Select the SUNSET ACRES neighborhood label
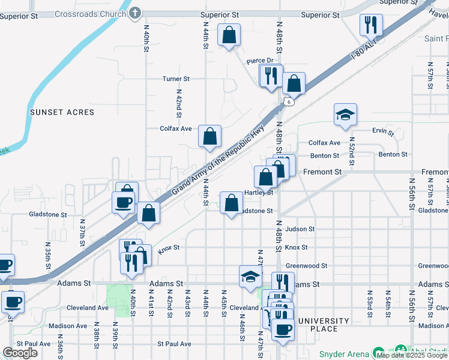tap(62, 112)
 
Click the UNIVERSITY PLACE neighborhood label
tap(325, 325)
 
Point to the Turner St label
tap(176, 79)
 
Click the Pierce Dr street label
tap(260, 61)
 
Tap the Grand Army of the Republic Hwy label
tap(218, 163)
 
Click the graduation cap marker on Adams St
tap(250, 276)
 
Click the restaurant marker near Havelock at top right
tap(370, 25)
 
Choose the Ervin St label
tap(382, 131)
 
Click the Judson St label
tap(300, 229)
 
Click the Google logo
tap(20, 353)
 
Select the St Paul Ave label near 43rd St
tap(174, 344)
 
